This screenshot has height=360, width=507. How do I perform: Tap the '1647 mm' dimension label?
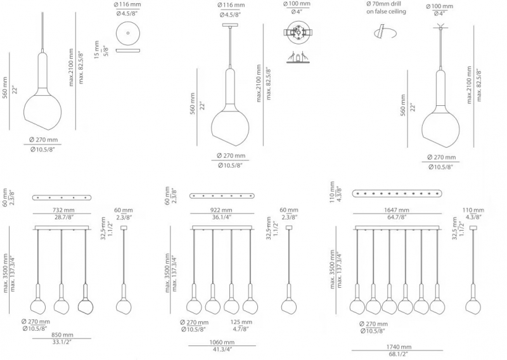397,210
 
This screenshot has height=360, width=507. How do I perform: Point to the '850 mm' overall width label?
62,335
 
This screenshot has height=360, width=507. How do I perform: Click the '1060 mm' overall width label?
222,342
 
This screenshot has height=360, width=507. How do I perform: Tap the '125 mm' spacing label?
241,322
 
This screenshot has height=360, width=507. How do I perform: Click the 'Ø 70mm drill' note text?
384,4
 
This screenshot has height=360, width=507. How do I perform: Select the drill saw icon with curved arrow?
385,33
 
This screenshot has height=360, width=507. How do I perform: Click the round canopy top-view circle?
128,33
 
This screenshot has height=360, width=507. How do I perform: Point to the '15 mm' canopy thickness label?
97,49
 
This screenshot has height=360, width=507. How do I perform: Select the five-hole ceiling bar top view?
61,197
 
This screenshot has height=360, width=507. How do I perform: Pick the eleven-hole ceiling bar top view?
397,193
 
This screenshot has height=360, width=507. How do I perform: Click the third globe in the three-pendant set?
86,306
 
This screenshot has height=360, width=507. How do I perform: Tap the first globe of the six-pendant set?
357,306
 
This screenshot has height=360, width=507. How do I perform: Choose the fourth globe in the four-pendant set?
250,306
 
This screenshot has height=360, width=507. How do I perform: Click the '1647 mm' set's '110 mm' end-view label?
473,210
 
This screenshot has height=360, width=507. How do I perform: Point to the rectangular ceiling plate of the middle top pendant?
230,25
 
